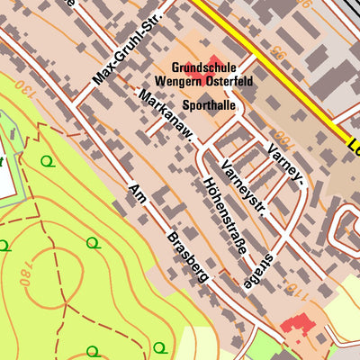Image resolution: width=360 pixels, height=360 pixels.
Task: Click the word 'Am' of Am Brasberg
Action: (137, 195)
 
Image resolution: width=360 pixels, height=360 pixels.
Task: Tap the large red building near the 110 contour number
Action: (297, 323)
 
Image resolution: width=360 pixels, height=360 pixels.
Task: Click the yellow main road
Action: (270, 67)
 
